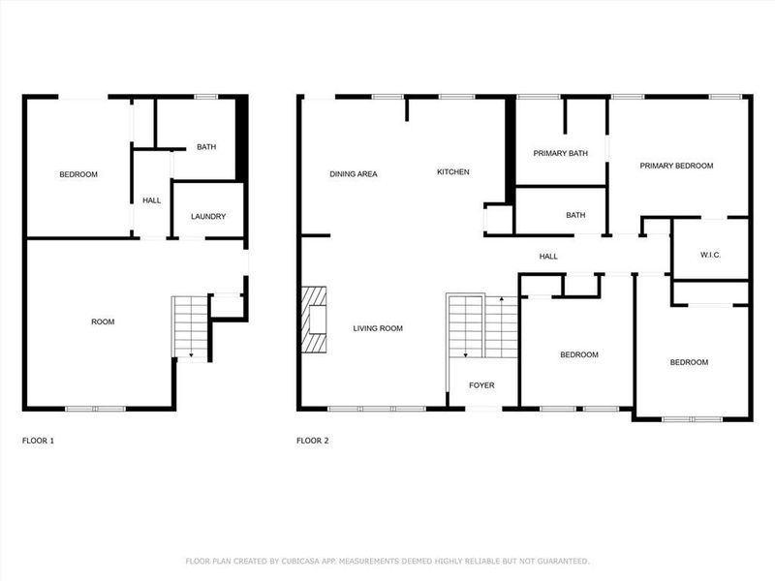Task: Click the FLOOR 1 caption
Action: (x=39, y=441)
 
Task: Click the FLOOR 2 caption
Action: (x=312, y=441)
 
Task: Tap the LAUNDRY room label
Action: (x=208, y=217)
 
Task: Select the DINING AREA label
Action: (x=354, y=174)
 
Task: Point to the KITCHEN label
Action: (x=452, y=172)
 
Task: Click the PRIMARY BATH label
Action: (x=561, y=153)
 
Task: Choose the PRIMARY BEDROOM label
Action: (x=676, y=166)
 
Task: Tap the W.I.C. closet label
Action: (x=710, y=255)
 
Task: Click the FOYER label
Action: (x=481, y=385)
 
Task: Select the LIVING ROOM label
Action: (x=378, y=328)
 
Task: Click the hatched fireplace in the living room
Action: (x=314, y=321)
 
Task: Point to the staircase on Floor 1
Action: (x=191, y=326)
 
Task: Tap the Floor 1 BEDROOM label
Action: (x=78, y=174)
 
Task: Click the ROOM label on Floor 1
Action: (x=103, y=321)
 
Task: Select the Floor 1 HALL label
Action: (x=152, y=200)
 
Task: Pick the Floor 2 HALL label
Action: (x=548, y=256)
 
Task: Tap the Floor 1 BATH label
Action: (x=206, y=147)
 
